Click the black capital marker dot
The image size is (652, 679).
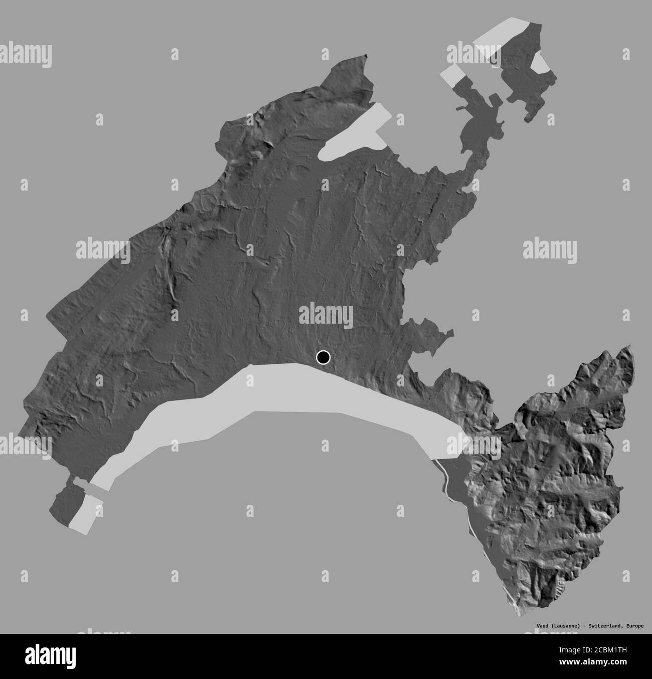323,357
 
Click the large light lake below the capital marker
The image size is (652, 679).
301,396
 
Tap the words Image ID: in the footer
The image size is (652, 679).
587,653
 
